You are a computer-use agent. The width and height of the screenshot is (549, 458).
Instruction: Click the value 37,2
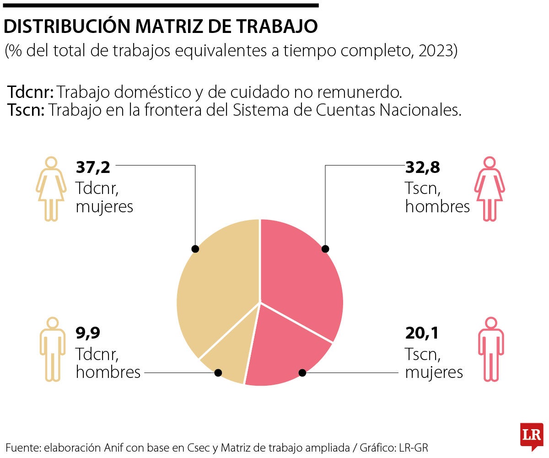pyautogui.click(x=93, y=167)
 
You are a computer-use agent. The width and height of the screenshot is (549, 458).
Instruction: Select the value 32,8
pyautogui.click(x=422, y=167)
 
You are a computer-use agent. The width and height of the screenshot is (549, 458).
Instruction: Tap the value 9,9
pyautogui.click(x=87, y=334)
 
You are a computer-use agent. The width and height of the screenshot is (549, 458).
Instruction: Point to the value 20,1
pyautogui.click(x=421, y=334)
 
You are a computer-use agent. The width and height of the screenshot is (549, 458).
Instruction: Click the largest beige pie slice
pyautogui.click(x=215, y=284)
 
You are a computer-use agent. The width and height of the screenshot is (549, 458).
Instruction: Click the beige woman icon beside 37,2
pyautogui.click(x=51, y=189)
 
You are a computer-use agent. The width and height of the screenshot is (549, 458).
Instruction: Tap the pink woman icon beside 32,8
pyautogui.click(x=490, y=189)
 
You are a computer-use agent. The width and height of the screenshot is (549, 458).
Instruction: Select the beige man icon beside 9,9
pyautogui.click(x=51, y=349)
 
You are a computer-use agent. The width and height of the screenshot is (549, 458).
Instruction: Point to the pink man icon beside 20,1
pyautogui.click(x=490, y=349)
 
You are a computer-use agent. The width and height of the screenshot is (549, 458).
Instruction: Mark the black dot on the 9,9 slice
pyautogui.click(x=218, y=373)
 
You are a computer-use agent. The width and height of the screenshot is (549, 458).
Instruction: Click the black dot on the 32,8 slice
pyautogui.click(x=325, y=249)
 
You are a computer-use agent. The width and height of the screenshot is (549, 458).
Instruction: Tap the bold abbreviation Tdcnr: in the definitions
pyautogui.click(x=31, y=92)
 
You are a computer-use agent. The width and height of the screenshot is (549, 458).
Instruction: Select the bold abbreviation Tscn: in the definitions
pyautogui.click(x=26, y=110)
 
